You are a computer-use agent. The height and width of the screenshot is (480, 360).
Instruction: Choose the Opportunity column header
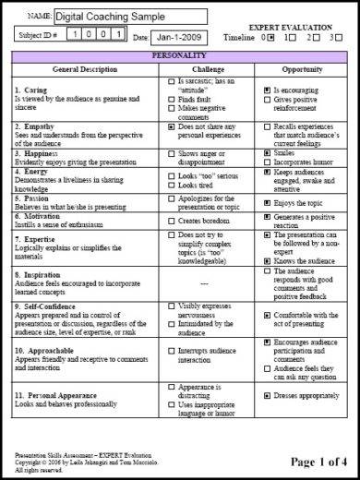click(299, 70)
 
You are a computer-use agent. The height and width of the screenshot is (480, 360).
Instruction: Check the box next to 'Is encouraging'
click(267, 90)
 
